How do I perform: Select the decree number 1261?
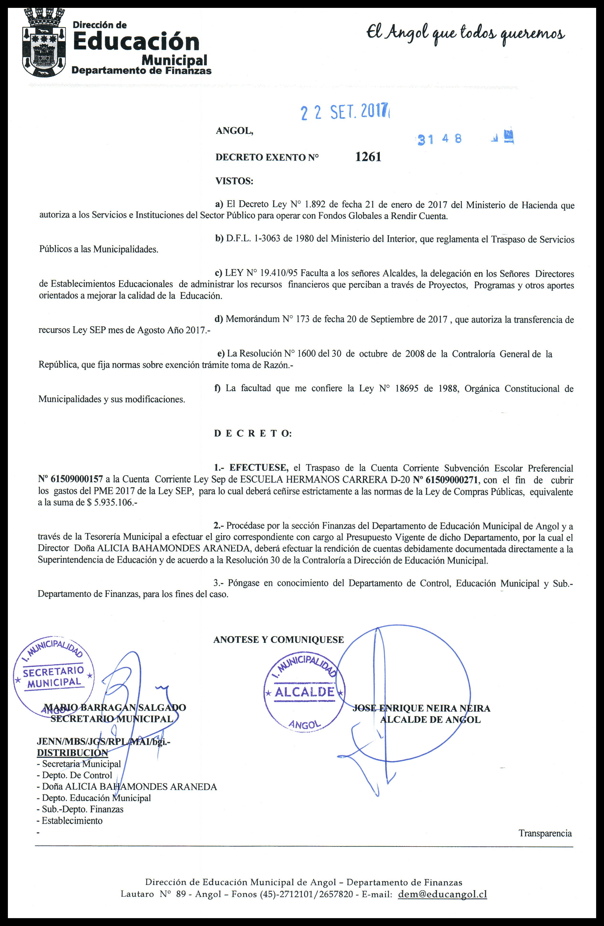click(x=368, y=157)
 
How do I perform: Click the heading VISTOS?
click(x=234, y=181)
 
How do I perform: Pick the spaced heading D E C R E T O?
click(x=252, y=434)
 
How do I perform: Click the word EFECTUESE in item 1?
click(x=259, y=468)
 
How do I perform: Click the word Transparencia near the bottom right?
click(x=545, y=833)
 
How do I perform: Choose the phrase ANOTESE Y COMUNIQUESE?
click(x=278, y=640)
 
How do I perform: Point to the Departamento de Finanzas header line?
click(x=142, y=70)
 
